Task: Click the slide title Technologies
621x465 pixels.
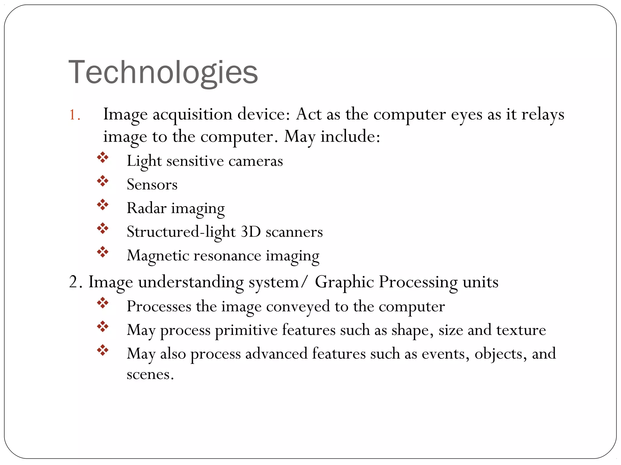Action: [163, 73]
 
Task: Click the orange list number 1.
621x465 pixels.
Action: [74, 115]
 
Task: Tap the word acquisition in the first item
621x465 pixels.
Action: [192, 115]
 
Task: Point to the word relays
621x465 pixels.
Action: [542, 115]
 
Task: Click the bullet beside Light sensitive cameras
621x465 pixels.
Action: [103, 157]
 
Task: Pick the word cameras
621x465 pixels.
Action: [255, 161]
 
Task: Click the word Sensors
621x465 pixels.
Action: [152, 185]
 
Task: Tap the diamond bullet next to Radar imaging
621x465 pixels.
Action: [103, 205]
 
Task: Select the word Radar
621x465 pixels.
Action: [146, 208]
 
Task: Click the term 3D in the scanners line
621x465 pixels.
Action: [250, 232]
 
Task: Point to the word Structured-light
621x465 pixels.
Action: [181, 232]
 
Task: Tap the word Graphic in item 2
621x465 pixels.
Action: [344, 282]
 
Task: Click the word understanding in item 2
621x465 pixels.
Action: [191, 282]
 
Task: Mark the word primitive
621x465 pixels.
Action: [246, 330]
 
